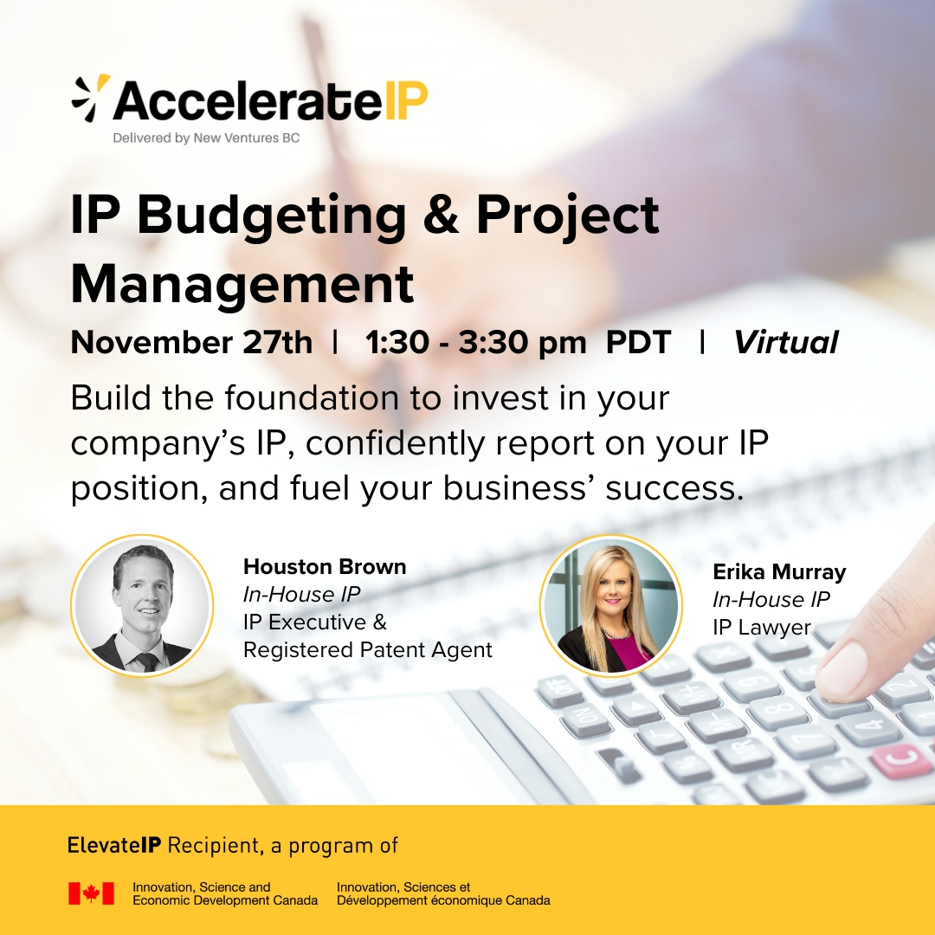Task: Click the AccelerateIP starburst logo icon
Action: pos(91,98)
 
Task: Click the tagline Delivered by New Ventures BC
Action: pos(206,138)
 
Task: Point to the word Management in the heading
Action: pos(242,286)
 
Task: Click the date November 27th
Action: pos(191,342)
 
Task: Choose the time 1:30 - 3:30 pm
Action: pos(476,343)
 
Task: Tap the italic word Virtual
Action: pos(786,342)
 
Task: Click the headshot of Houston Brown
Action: pos(142,606)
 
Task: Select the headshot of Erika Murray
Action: pos(611,606)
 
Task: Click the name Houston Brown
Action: pos(325,566)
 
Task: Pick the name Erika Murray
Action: pos(779,572)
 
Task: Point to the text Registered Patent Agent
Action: pos(368,650)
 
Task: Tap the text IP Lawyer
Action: pos(762,628)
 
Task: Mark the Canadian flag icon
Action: pos(91,893)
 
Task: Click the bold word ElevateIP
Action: pos(114,845)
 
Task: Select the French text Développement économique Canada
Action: pos(443,900)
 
